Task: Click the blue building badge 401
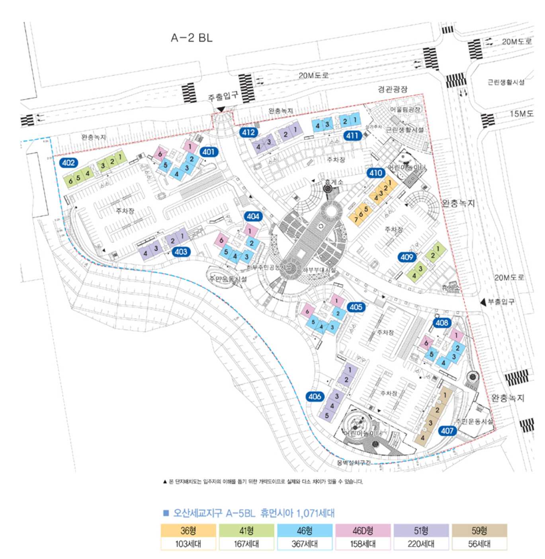pyautogui.click(x=208, y=151)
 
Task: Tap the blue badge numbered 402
pyautogui.click(x=68, y=163)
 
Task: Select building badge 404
pyautogui.click(x=253, y=216)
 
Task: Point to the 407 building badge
pyautogui.click(x=447, y=431)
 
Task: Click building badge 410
pyautogui.click(x=376, y=173)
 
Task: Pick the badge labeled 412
pyautogui.click(x=248, y=132)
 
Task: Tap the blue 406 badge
pyautogui.click(x=314, y=396)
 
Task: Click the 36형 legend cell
pyautogui.click(x=188, y=531)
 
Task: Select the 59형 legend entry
pyautogui.click(x=479, y=531)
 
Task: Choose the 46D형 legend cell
pyautogui.click(x=363, y=531)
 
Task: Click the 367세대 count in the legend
pyautogui.click(x=305, y=543)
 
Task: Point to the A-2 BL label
pyautogui.click(x=191, y=38)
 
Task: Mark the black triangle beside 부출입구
pyautogui.click(x=483, y=302)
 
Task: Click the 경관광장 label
pyautogui.click(x=393, y=89)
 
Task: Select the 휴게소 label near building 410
pyautogui.click(x=334, y=182)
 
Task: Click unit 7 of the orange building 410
pyautogui.click(x=356, y=219)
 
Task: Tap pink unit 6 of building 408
pyautogui.click(x=426, y=343)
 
